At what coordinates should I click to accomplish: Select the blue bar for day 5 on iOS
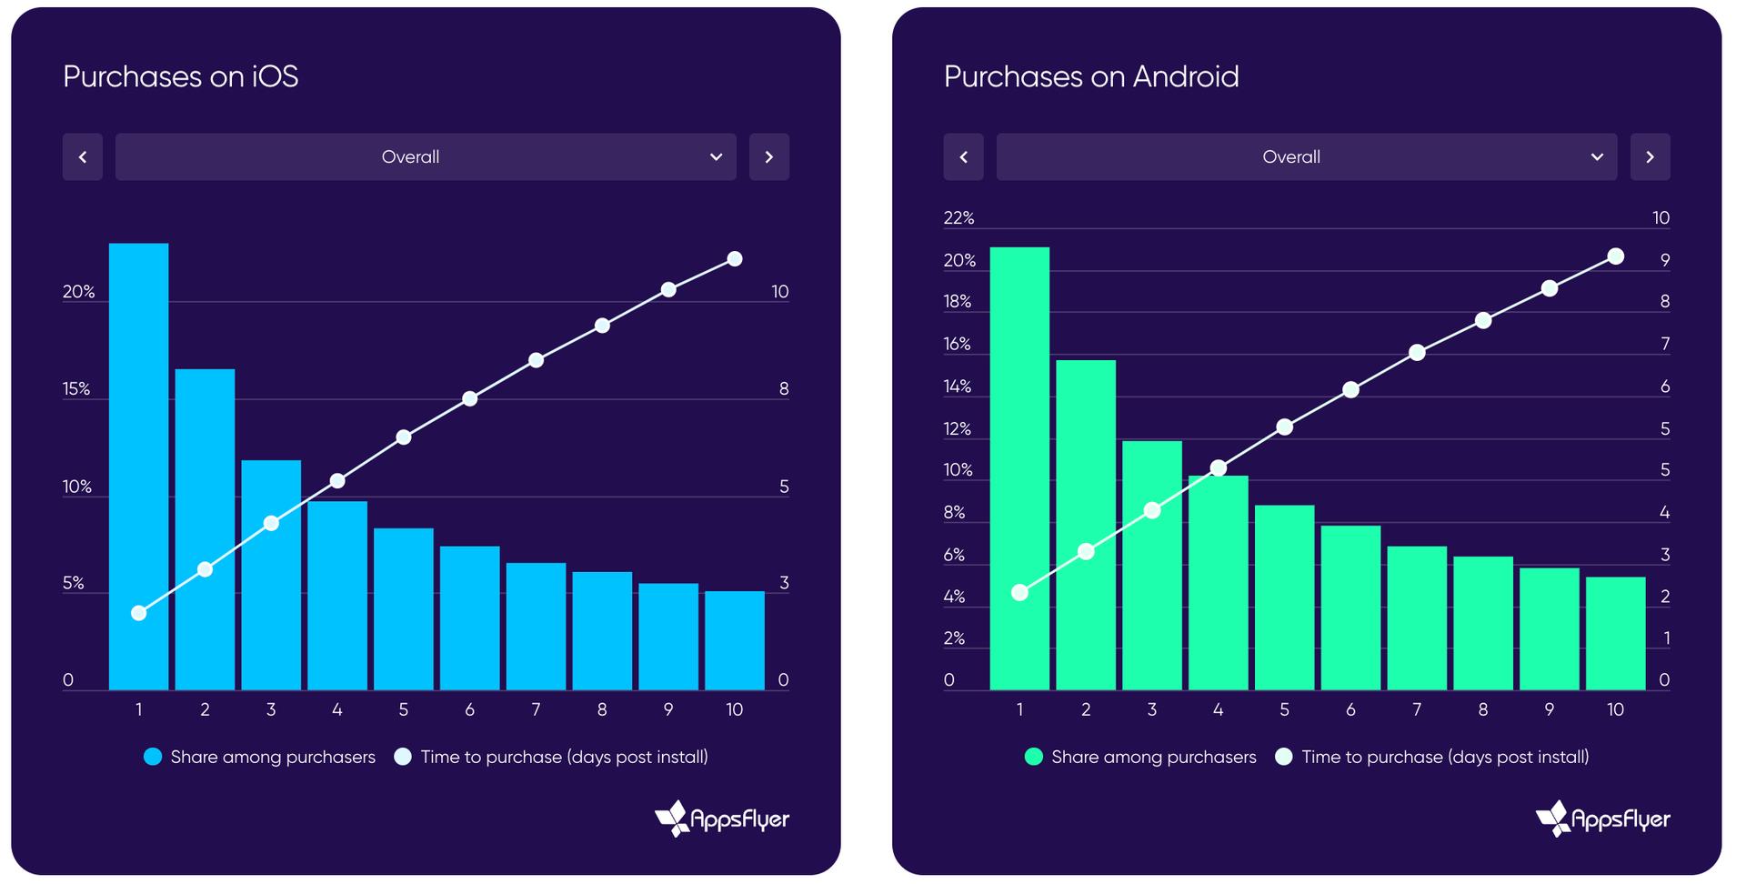tap(403, 608)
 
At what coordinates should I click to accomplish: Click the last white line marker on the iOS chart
tap(735, 259)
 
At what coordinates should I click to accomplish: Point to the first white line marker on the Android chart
tap(1019, 593)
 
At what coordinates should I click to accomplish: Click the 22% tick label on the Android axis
tap(958, 217)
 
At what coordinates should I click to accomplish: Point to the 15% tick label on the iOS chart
tap(76, 389)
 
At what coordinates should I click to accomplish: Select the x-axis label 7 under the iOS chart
tap(536, 709)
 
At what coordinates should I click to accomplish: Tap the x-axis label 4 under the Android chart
tap(1218, 709)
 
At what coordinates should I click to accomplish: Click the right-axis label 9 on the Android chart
tap(1664, 260)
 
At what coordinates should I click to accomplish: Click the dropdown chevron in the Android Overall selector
tap(1597, 157)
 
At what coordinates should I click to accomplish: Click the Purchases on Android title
tap(1090, 76)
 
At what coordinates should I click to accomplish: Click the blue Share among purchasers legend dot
tap(153, 757)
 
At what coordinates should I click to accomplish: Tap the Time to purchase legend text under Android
tap(1444, 757)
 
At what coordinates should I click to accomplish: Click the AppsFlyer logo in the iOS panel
tap(722, 819)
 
